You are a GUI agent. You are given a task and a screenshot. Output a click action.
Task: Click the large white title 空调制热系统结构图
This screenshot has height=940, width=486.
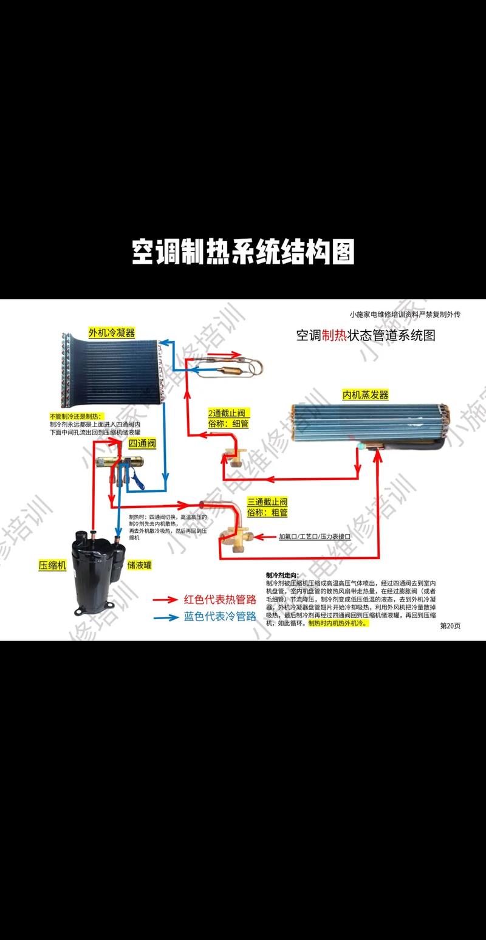point(243,251)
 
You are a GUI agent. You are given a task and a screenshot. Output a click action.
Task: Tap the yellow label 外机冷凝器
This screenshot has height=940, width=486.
point(111,332)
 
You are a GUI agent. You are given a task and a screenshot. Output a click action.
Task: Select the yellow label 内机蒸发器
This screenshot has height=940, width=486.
point(365,395)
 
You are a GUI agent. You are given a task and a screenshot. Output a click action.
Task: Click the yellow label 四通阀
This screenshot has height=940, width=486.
point(142,444)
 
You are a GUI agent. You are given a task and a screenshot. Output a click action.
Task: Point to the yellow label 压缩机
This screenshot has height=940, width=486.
point(52,564)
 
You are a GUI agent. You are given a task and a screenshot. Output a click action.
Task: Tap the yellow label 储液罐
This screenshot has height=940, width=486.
point(140,564)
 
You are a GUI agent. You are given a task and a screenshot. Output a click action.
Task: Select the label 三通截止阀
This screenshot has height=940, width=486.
point(267,502)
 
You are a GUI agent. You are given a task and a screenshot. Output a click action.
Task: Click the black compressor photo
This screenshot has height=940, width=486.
point(97,561)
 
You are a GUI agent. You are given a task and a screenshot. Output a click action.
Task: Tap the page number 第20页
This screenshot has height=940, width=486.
point(450,626)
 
